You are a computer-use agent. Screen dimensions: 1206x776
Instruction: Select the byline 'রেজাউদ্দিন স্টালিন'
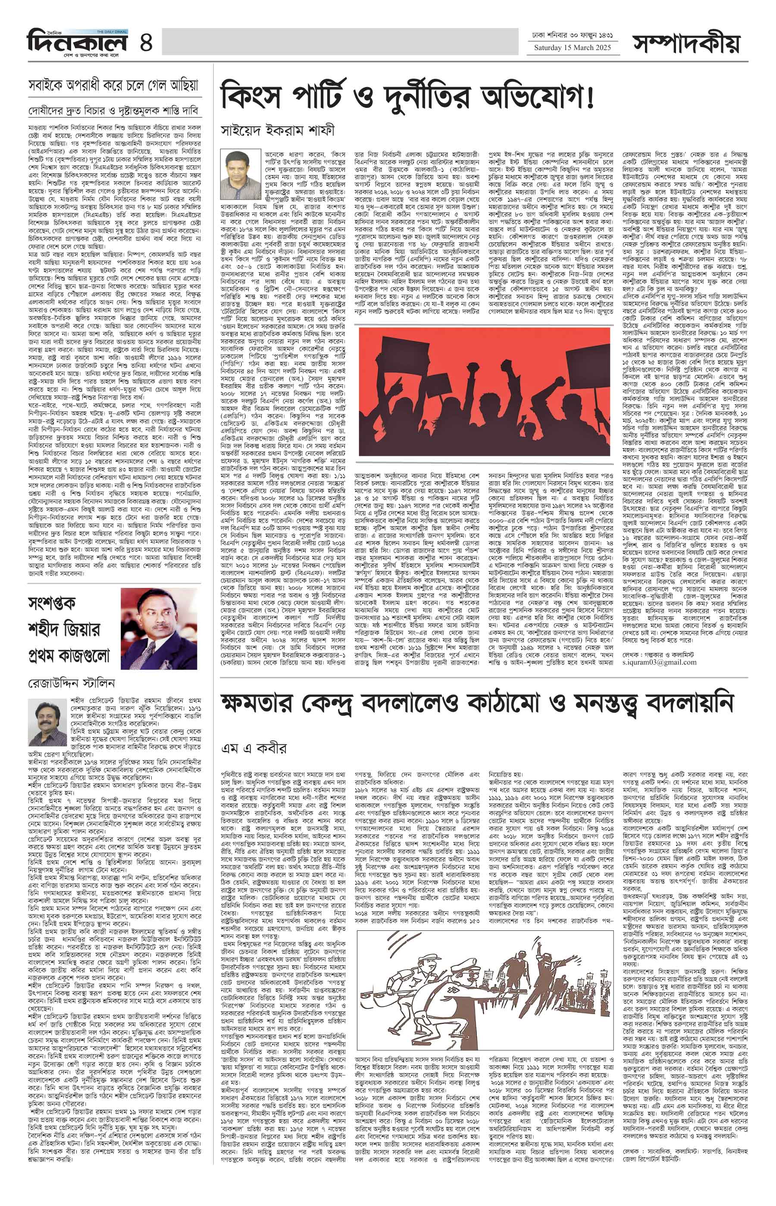71,684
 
